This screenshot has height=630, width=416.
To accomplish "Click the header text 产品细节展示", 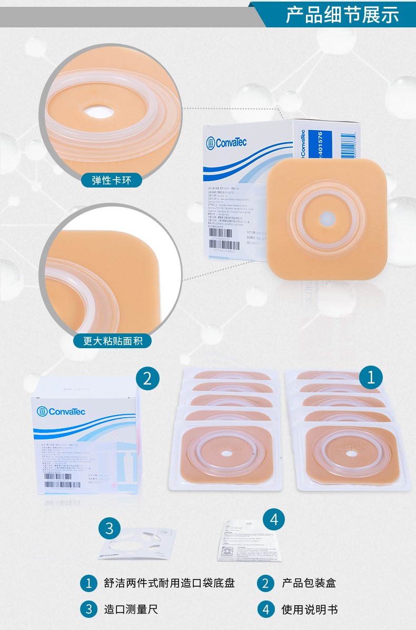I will point(342,15).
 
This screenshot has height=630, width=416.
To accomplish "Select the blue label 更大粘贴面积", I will point(112,341).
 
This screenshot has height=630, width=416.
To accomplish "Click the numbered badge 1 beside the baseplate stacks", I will point(371,377).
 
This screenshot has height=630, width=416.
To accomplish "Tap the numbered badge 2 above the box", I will point(147,378).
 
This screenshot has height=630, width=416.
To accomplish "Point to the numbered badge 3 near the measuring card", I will point(110,528).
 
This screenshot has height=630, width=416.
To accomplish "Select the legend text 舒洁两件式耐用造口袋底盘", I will point(169,583).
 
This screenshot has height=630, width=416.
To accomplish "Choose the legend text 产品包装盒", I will point(309,583).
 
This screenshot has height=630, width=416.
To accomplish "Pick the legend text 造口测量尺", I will point(131,609).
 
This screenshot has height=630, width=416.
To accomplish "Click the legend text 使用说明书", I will point(310,609).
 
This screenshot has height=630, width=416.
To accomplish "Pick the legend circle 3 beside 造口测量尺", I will point(89,609).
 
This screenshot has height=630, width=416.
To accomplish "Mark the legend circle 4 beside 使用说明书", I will point(266,609).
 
